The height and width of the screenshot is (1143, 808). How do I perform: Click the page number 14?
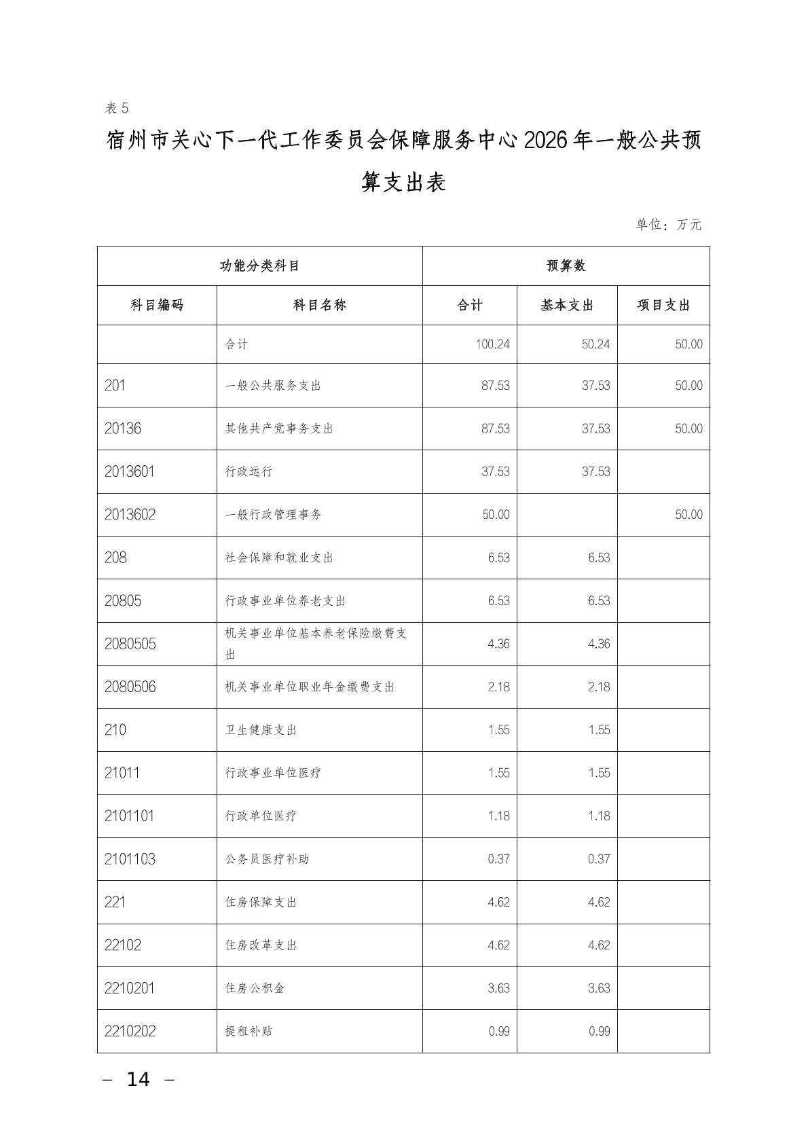point(139,1079)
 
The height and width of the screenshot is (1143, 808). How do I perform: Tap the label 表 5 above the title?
point(117,108)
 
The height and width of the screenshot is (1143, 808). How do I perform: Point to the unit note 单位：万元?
point(668,225)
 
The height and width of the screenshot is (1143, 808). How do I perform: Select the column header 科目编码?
point(157,306)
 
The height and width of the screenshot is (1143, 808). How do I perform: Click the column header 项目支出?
point(663,306)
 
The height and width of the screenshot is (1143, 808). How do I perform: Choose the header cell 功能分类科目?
point(259,266)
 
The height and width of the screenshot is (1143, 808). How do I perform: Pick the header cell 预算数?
point(566,266)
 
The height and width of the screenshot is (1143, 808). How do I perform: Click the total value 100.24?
point(492,344)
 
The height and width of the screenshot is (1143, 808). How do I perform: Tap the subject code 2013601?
point(130,471)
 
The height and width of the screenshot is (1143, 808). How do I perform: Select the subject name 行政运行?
point(249,471)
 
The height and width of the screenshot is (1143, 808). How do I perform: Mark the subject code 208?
point(115,558)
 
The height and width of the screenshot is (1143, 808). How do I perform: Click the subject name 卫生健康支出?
point(261,730)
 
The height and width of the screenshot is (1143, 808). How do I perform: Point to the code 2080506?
point(130,687)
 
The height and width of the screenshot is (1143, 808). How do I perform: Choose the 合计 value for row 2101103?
point(498,859)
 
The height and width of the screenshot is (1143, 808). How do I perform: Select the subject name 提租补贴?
point(249,1031)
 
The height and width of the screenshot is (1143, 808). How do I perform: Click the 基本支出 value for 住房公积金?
point(599,988)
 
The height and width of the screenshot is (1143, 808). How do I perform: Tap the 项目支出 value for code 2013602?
point(688,515)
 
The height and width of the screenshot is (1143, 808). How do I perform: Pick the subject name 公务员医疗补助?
point(267,859)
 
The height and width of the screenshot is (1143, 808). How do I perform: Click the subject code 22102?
point(123,945)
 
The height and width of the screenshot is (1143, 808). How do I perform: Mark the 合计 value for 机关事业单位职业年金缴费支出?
point(498,687)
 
